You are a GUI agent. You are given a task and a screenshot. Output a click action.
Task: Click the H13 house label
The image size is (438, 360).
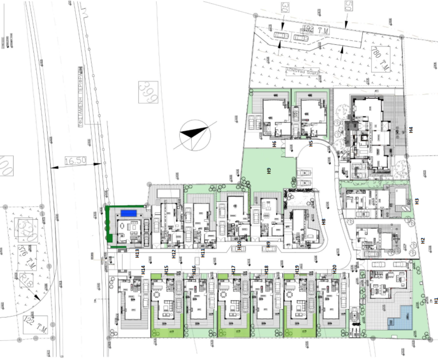[137, 254]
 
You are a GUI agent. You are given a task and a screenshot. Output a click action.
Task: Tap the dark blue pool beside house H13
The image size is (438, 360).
[129, 213]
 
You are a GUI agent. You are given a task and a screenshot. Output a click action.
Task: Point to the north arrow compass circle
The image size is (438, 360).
[195, 135]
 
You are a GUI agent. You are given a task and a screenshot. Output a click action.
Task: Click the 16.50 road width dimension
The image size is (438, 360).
[75, 161]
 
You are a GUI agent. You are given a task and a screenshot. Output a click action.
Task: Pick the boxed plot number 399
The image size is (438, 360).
[148, 92]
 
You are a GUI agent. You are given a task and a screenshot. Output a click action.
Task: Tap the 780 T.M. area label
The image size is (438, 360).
[380, 59]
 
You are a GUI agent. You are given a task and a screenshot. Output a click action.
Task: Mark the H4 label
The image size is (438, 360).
[411, 129]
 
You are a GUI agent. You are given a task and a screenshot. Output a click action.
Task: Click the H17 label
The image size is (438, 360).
[233, 270]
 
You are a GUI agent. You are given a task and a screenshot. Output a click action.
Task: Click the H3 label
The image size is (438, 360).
[417, 201]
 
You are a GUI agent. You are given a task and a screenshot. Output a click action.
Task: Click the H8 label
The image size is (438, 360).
[324, 221]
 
